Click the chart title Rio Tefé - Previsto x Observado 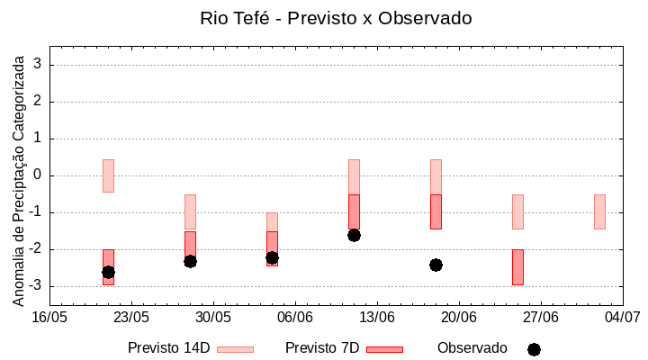pos(336,18)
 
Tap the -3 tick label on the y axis pos(36,286)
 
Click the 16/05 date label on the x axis pos(49,318)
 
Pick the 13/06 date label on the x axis pos(377,318)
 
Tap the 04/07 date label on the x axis pos(622,318)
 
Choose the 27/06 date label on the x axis pos(541,318)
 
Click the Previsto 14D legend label pos(168,348)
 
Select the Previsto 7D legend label pos(322,348)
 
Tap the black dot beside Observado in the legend pos(534,349)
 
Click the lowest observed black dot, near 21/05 pos(108,272)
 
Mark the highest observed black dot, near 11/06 pos(354,235)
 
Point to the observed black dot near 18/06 pos(436,265)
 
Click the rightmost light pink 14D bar pos(599,211)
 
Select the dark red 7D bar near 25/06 pos(517,267)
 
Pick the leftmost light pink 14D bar pos(108,175)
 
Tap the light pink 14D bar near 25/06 pos(517,211)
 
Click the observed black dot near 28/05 pos(190,261)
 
